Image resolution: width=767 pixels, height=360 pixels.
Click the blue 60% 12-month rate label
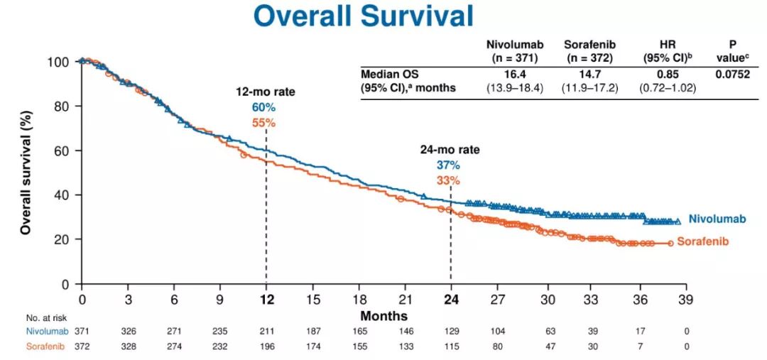[265, 107]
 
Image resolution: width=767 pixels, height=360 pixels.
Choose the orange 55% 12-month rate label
[265, 122]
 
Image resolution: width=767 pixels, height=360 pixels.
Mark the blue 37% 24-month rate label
[449, 165]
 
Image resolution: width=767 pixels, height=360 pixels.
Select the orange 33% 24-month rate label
[449, 180]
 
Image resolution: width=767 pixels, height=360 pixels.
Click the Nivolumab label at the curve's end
[717, 219]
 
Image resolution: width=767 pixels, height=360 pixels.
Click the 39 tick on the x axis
[685, 299]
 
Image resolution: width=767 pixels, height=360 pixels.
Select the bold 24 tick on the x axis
[450, 299]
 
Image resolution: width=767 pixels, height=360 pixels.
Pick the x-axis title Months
[383, 315]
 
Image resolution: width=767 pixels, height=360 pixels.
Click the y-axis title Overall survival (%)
[26, 172]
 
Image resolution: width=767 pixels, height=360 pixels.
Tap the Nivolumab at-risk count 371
[81, 332]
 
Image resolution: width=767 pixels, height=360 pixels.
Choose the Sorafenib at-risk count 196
[266, 347]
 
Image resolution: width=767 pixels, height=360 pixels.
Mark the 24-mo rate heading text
[449, 150]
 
